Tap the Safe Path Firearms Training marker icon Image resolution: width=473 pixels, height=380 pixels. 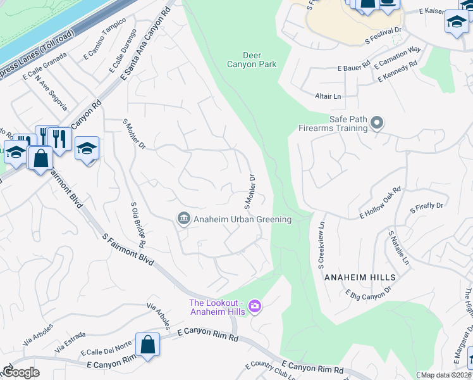[x=377, y=122]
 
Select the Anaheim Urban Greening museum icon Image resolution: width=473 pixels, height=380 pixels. [x=183, y=219]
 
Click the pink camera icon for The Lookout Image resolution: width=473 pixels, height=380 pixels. [x=255, y=307]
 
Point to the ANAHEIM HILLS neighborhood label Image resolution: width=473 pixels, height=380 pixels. [x=360, y=277]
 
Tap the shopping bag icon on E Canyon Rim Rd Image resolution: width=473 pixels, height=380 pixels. [x=147, y=345]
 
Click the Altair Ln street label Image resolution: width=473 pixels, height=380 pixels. [x=328, y=96]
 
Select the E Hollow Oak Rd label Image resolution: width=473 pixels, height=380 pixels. [x=381, y=202]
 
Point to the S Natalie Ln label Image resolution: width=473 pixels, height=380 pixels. [x=398, y=248]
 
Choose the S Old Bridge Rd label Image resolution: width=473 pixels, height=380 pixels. [x=138, y=225]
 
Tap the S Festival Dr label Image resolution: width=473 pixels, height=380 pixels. [x=383, y=35]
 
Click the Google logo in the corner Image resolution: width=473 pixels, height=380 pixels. [x=21, y=372]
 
